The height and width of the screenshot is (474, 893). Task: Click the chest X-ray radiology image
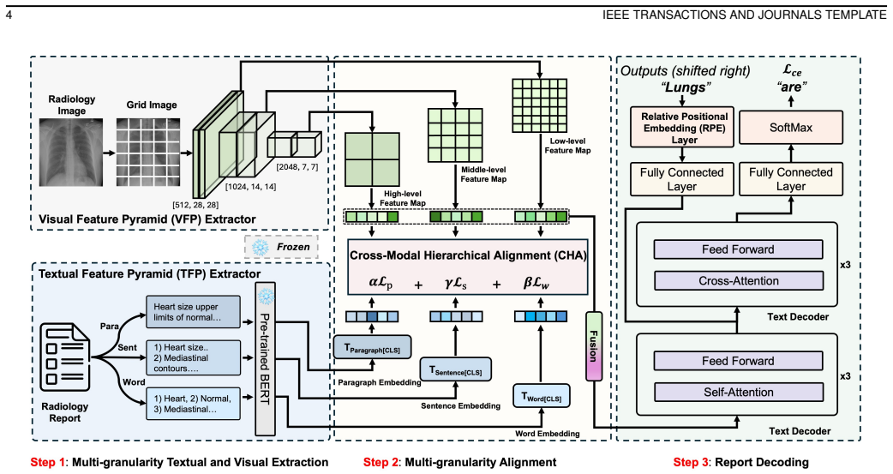71,152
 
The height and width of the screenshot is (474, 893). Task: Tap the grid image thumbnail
148,152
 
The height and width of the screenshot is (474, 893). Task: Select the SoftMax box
790,127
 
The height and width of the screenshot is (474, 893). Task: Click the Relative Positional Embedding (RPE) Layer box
682,128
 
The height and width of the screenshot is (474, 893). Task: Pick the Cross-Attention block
738,281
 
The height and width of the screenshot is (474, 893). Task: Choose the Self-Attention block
738,392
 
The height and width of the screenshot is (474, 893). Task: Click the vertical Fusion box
594,345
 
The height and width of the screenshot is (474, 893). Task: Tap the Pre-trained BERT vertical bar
265,359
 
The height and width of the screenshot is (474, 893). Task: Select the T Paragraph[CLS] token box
372,347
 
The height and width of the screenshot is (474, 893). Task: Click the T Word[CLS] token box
542,397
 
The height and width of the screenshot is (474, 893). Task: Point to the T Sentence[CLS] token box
455,369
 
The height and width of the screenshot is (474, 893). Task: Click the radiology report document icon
65,357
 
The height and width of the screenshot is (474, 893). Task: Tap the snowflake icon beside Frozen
261,247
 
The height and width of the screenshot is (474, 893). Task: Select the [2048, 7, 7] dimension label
297,167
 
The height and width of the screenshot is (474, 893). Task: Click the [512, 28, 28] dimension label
195,205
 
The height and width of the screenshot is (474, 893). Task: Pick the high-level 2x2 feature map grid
373,159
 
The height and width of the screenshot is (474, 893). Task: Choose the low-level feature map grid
540,106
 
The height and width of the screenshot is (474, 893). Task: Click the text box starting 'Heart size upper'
193,312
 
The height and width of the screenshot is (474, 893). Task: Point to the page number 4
9,15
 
